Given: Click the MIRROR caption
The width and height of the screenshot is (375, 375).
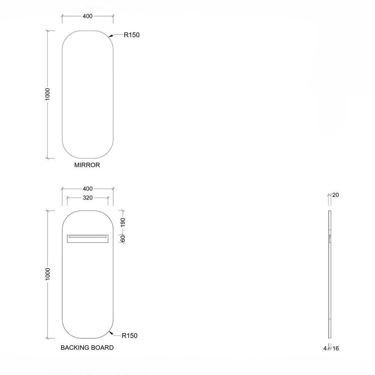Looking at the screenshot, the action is [87, 165].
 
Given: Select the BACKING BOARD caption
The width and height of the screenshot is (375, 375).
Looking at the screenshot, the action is [87, 348].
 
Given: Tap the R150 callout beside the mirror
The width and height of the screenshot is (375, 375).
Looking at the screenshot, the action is [131, 35].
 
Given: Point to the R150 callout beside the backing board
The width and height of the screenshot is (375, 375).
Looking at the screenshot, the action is [130, 336].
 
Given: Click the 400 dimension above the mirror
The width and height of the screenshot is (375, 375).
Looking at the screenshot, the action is [88, 16].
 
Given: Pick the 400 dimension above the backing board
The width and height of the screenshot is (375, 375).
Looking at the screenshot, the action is [88, 189].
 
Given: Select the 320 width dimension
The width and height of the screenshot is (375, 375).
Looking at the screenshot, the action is [88, 198].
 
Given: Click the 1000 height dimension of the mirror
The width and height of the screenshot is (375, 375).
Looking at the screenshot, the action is [48, 94].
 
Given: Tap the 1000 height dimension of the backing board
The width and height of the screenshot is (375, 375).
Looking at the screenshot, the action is [48, 274].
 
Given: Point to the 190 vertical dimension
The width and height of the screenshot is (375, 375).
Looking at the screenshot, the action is [123, 222].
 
